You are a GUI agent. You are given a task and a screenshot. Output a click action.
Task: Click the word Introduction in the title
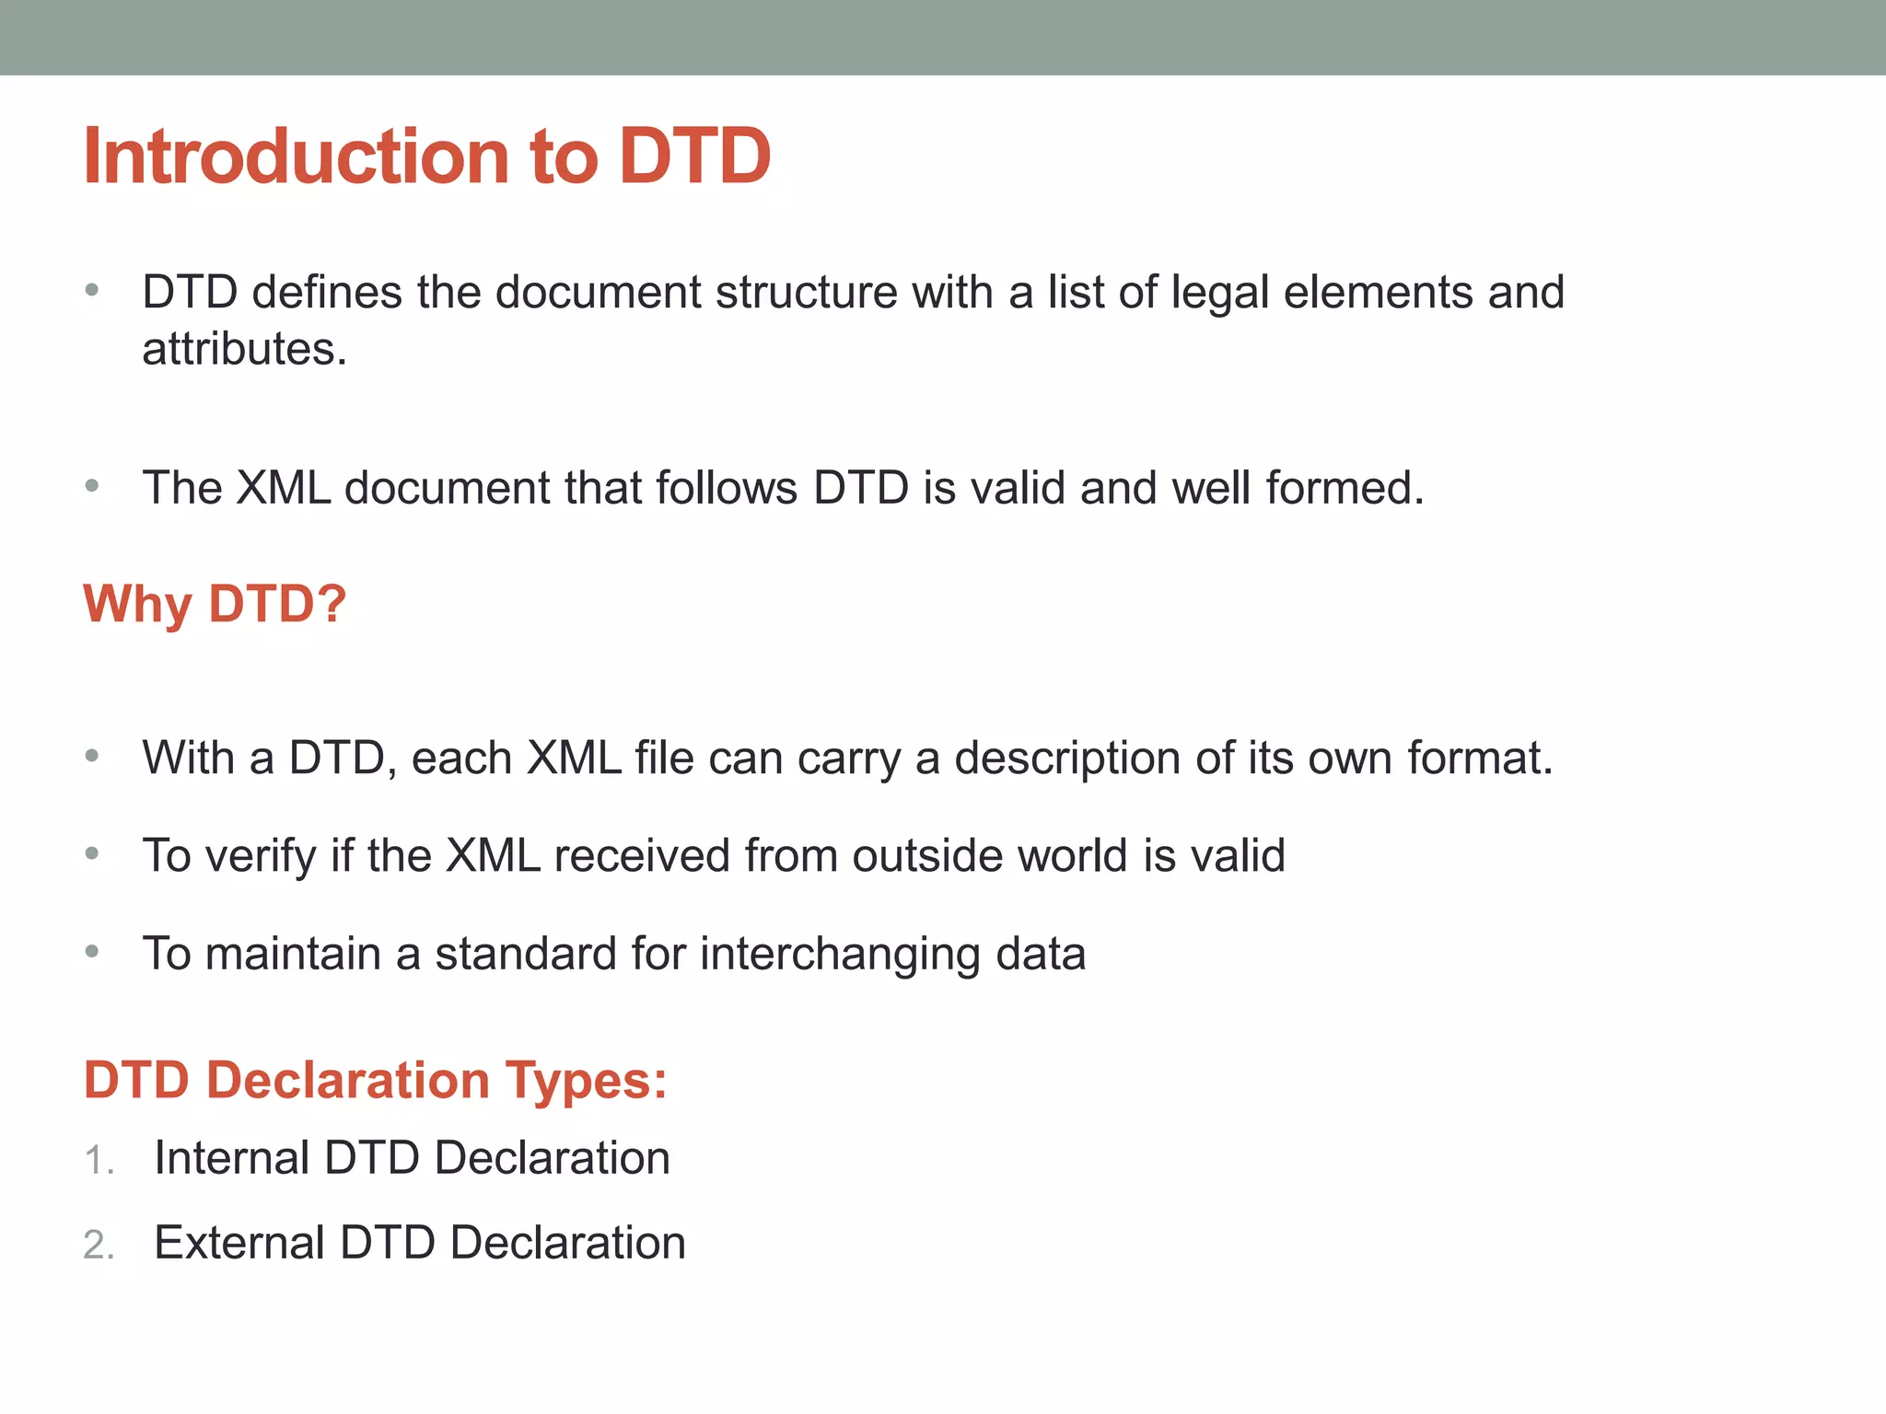coord(295,156)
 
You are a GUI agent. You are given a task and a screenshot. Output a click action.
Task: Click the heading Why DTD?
coord(215,605)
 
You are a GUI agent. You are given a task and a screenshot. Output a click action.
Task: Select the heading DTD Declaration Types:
coord(375,1080)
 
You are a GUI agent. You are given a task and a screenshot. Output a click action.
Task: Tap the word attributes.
coord(244,350)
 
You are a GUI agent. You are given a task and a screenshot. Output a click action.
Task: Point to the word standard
coord(526,954)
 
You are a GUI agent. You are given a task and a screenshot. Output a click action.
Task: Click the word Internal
coord(231,1158)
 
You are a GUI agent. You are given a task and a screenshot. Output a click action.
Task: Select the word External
coord(239,1243)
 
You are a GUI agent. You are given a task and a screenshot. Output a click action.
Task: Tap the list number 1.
coord(97,1161)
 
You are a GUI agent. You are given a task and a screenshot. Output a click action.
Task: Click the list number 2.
coord(98,1246)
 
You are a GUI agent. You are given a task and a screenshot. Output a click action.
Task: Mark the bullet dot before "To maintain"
coord(91,951)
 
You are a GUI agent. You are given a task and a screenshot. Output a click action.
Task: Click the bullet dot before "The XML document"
coord(91,485)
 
